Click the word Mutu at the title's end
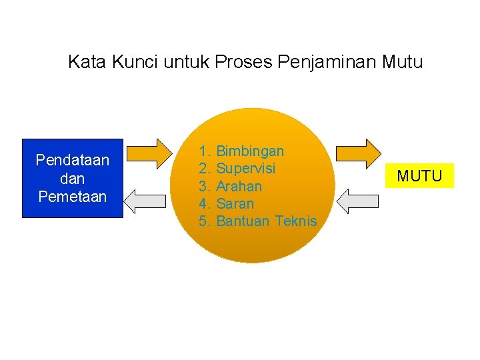pyautogui.click(x=403, y=63)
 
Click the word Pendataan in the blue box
pyautogui.click(x=72, y=161)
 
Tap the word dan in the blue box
pyautogui.click(x=72, y=179)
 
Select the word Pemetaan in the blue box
pyautogui.click(x=72, y=197)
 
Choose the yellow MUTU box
pyautogui.click(x=419, y=176)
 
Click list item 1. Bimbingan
pyautogui.click(x=241, y=151)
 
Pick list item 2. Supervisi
pyautogui.click(x=237, y=169)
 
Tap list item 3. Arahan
pyautogui.click(x=230, y=186)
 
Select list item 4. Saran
pyautogui.click(x=227, y=203)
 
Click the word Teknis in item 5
pyautogui.click(x=295, y=221)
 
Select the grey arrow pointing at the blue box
pyautogui.click(x=148, y=201)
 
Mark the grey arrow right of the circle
pyautogui.click(x=357, y=201)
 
